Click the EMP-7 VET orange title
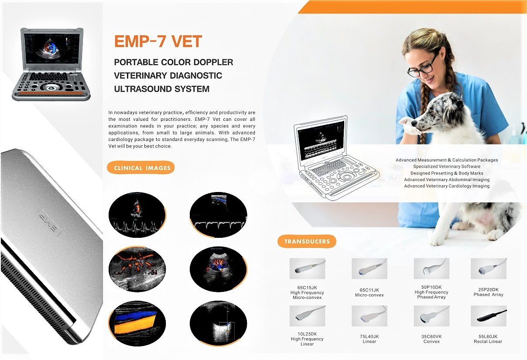click(x=158, y=42)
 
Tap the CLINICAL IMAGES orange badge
click(x=142, y=168)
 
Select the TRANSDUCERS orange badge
click(x=307, y=241)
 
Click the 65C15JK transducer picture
click(x=307, y=268)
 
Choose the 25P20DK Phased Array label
click(x=488, y=292)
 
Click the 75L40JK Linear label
click(x=369, y=339)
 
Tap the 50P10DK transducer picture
click(x=431, y=268)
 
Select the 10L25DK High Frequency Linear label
click(x=307, y=339)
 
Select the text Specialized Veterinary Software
click(x=446, y=166)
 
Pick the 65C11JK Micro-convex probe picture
click(x=369, y=268)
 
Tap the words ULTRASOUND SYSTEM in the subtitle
click(x=161, y=89)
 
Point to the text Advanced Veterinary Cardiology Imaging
click(x=446, y=186)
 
